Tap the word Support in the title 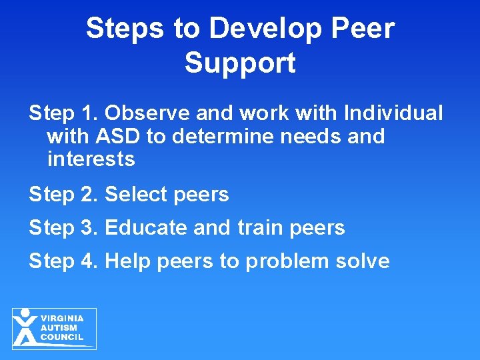240,63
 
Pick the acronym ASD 118,136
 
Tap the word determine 225,136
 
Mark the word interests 91,159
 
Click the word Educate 146,228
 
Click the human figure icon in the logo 25,327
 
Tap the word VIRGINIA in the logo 62,319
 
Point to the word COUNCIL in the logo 62,337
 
